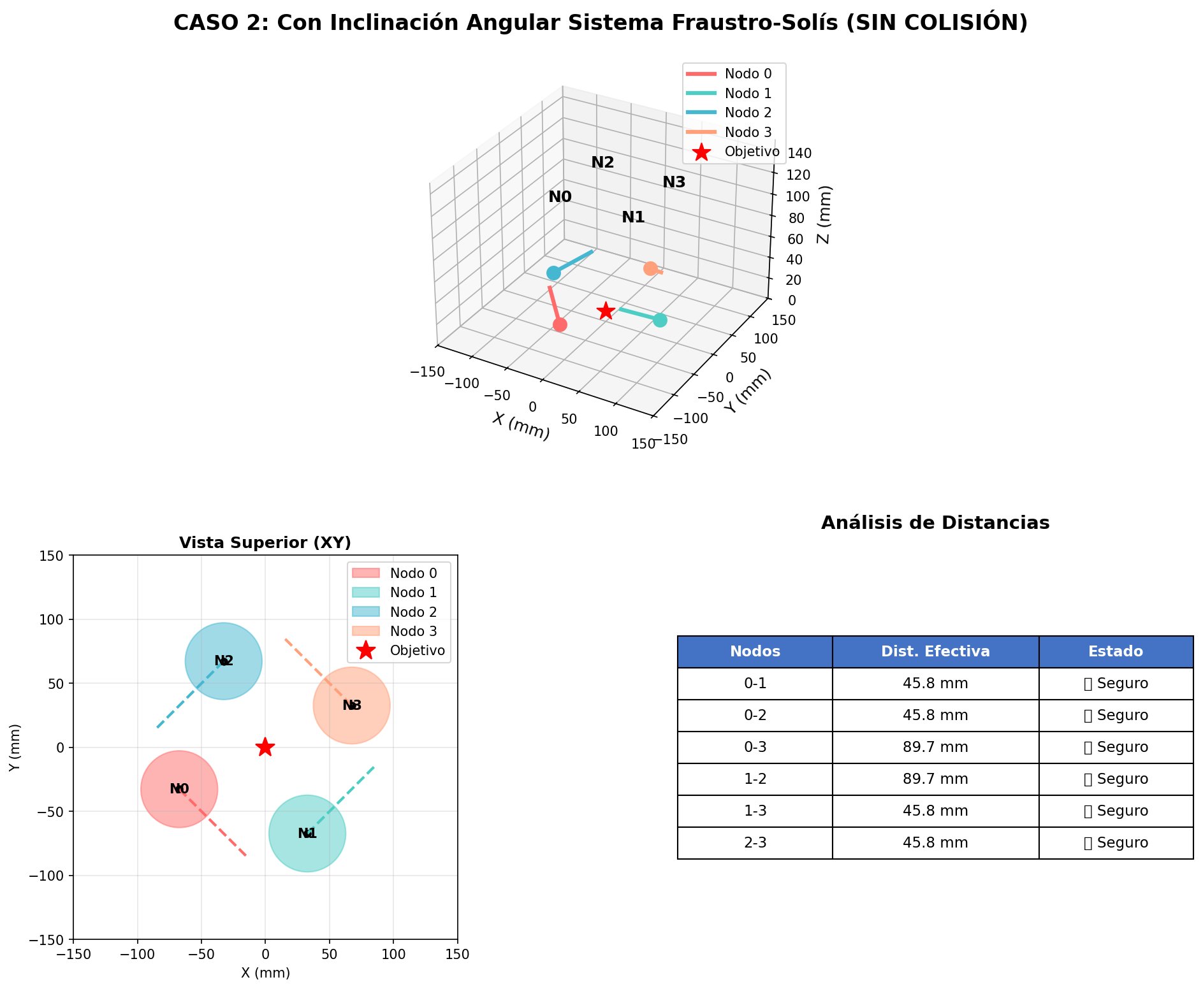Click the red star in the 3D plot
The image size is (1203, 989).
point(606,310)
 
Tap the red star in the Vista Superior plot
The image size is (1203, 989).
point(265,747)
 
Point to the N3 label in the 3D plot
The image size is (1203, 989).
point(674,182)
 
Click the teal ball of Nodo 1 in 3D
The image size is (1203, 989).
point(660,320)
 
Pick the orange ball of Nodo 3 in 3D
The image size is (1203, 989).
point(650,268)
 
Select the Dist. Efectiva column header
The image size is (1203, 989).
point(935,651)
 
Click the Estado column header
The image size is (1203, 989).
point(1115,651)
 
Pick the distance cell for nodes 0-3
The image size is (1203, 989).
point(935,747)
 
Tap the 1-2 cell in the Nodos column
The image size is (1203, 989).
point(755,779)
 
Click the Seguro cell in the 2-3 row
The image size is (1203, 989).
point(1116,842)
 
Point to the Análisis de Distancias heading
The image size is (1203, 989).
point(935,523)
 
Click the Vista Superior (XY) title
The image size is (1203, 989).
point(265,543)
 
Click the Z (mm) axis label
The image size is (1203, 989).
point(824,215)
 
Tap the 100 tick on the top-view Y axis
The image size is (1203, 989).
point(54,619)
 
